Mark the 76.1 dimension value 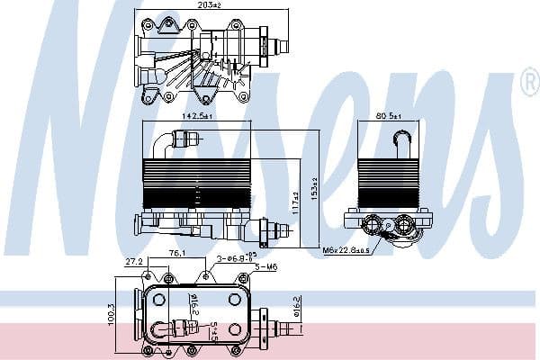[178, 255]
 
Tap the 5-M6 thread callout [265, 267]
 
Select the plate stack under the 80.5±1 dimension [389, 182]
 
